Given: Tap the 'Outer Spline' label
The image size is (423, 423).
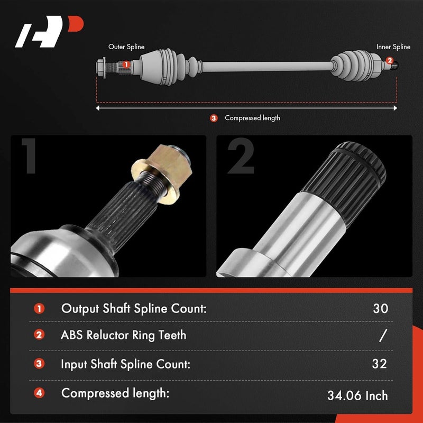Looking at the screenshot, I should coord(126,47).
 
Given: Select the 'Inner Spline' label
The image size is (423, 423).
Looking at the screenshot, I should coord(393,47).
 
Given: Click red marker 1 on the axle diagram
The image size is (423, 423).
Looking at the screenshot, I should coord(126,65).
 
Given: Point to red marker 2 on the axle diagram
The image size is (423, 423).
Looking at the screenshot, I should coord(390,61).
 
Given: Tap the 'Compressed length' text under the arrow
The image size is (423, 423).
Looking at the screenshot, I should coord(252,118).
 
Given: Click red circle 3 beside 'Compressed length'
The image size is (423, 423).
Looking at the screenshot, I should coord(214,118).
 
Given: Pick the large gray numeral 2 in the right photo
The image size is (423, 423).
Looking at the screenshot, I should coord(240,157).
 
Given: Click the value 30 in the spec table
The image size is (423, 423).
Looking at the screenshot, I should coord(380,309).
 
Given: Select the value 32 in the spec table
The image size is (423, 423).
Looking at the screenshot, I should coord(379,364).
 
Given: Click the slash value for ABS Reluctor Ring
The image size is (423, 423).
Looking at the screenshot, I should coord(383,335).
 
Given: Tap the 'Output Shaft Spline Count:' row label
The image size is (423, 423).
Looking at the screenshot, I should coord(133,308).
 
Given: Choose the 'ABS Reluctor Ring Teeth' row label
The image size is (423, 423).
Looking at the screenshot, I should coord(124,335).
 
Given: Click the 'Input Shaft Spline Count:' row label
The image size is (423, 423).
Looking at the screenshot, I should coord(126,364).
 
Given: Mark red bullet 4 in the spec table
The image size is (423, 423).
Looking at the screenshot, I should coord(40,393).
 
